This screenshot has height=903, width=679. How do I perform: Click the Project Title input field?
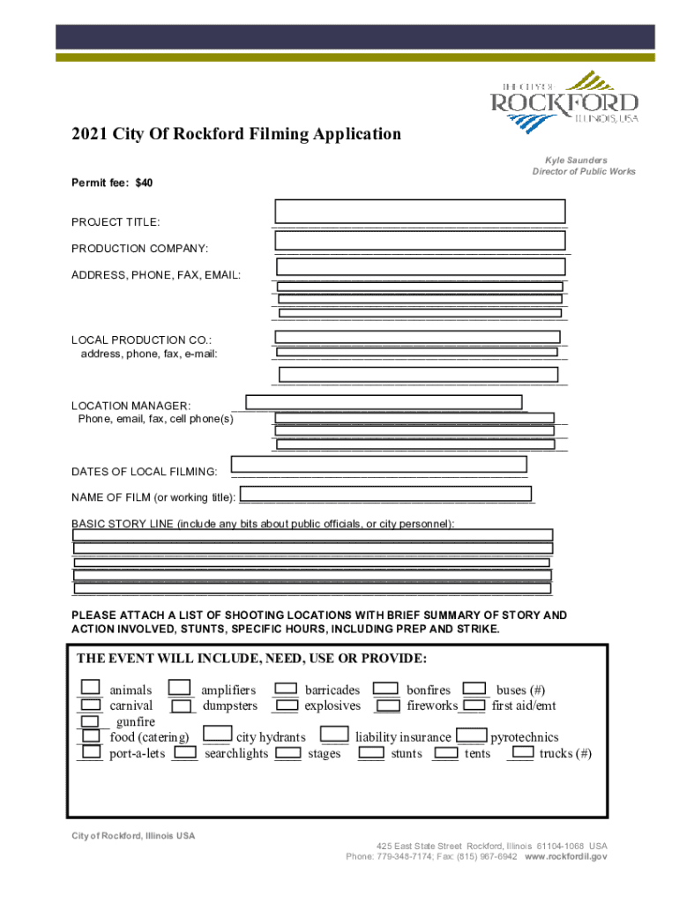pyautogui.click(x=420, y=212)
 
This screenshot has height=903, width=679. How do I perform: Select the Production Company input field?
pyautogui.click(x=420, y=241)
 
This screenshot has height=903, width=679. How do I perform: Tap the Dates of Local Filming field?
pyautogui.click(x=379, y=464)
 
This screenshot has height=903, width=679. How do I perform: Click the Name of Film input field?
pyautogui.click(x=387, y=495)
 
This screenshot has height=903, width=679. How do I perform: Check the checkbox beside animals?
pyautogui.click(x=90, y=688)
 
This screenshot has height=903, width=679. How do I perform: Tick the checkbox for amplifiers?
pyautogui.click(x=180, y=688)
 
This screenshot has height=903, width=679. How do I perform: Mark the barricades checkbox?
pyautogui.click(x=285, y=688)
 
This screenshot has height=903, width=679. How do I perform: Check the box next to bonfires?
pyautogui.click(x=384, y=688)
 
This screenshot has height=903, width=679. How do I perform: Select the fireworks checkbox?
pyautogui.click(x=387, y=705)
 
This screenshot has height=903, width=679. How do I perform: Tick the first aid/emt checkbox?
pyautogui.click(x=474, y=705)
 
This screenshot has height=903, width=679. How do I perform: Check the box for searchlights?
pyautogui.click(x=185, y=753)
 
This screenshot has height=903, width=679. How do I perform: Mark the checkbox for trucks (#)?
pyautogui.click(x=524, y=752)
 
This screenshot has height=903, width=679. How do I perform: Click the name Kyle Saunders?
pyautogui.click(x=576, y=160)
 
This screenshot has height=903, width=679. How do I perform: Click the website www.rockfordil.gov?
pyautogui.click(x=566, y=855)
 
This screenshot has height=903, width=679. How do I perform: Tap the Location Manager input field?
pyautogui.click(x=384, y=402)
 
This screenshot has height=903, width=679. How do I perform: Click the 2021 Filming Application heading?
pyautogui.click(x=236, y=134)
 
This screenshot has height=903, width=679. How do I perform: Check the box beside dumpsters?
pyautogui.click(x=183, y=705)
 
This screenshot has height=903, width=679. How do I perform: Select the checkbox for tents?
pyautogui.click(x=445, y=753)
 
